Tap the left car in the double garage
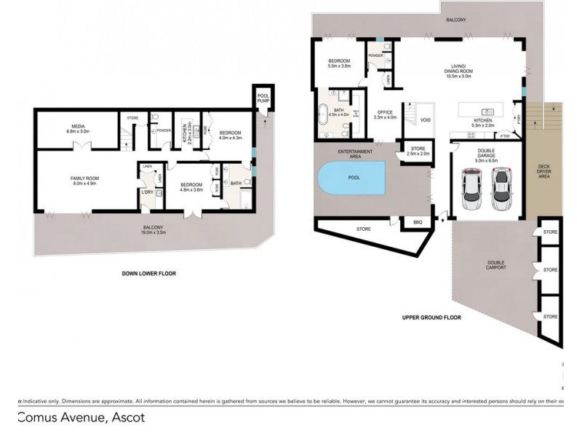473,189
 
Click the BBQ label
417,221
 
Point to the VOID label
426,120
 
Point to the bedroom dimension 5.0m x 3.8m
340,66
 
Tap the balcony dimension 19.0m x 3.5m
154,233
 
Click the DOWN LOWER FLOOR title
149,274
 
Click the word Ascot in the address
128,417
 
